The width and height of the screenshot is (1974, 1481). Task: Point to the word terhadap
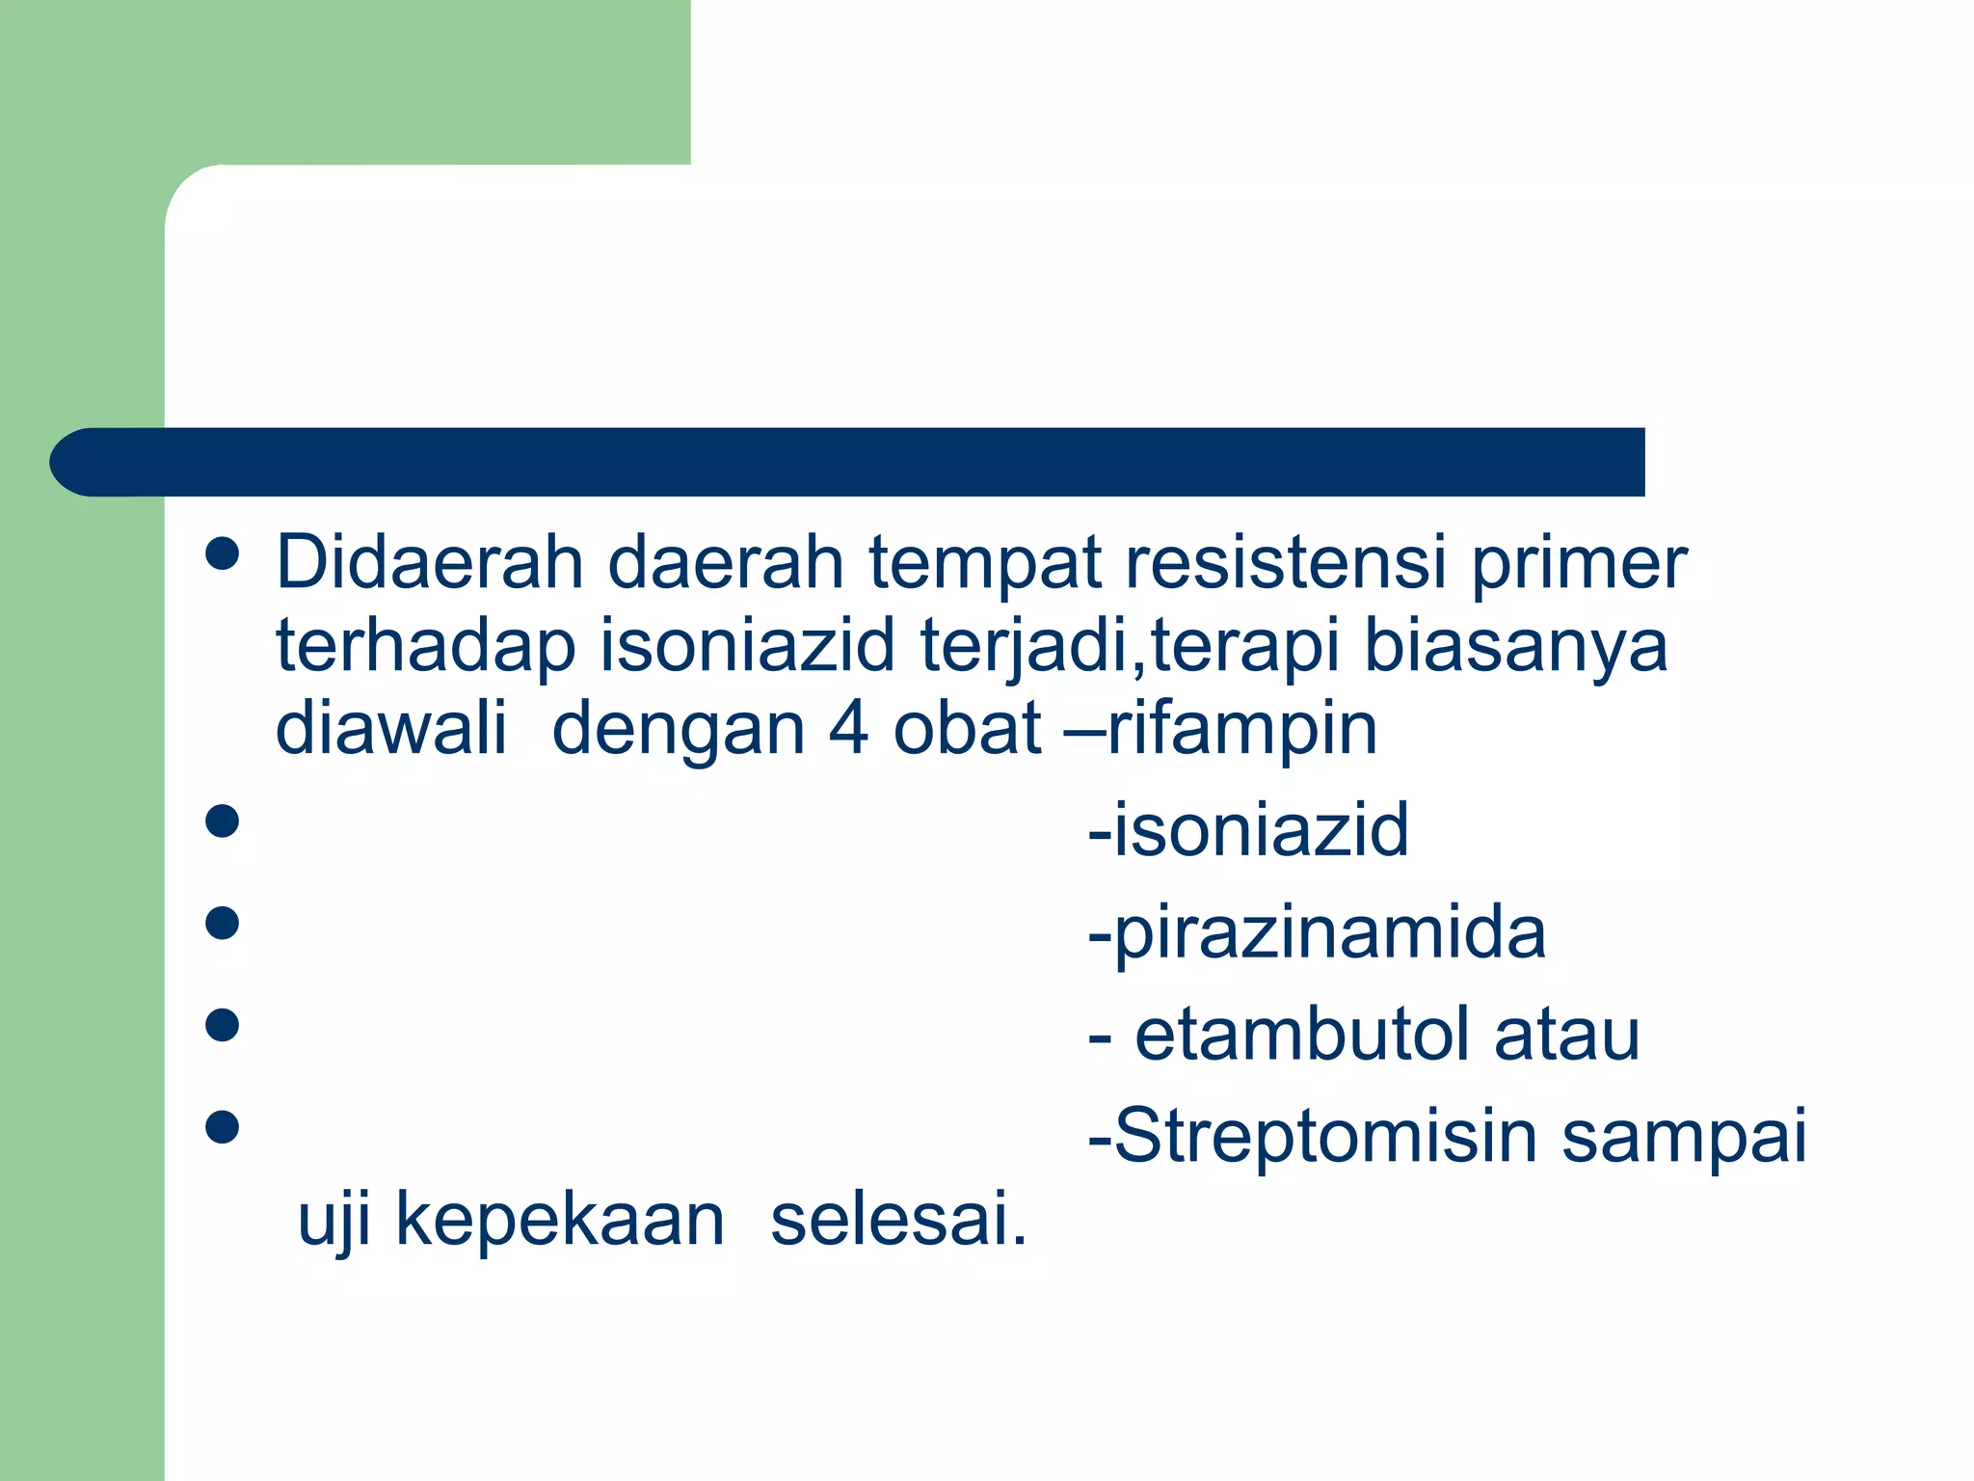[425, 648]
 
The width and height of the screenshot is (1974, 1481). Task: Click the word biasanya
[1516, 648]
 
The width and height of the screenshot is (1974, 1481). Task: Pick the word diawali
[390, 729]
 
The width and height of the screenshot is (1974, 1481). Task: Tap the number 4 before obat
[848, 729]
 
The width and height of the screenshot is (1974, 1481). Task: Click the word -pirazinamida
[1317, 935]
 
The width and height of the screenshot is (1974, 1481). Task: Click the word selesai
[898, 1221]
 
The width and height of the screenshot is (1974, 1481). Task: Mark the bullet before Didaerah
[223, 554]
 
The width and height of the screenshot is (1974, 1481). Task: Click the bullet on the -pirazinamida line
[223, 923]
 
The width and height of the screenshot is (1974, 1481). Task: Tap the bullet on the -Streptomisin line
[223, 1126]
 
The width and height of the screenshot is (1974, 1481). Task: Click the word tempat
[985, 565]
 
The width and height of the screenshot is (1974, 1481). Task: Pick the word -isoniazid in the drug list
[1248, 830]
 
